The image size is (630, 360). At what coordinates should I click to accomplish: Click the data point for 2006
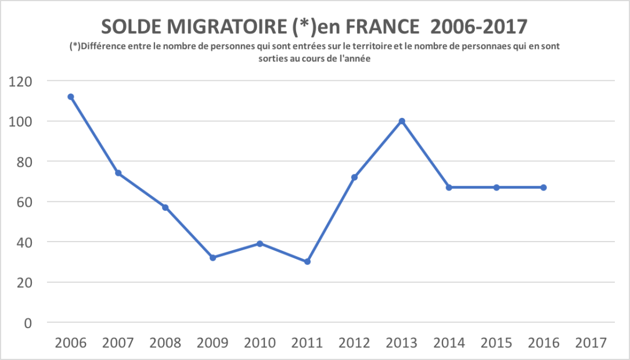coord(71,97)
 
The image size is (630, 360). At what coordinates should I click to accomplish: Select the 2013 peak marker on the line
coord(402,121)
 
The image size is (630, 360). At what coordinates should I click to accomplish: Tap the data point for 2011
coord(307,262)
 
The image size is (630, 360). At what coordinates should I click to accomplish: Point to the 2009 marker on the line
coord(213,258)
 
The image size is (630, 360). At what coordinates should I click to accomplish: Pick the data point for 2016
coord(543,188)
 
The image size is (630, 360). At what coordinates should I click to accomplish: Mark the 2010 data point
coord(260,244)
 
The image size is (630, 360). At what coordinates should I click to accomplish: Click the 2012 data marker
coord(354,177)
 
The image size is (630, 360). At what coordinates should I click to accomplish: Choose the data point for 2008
coord(165,207)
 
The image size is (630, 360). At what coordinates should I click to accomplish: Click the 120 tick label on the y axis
coord(21,81)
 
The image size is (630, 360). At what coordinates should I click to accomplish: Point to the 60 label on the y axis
coord(24,202)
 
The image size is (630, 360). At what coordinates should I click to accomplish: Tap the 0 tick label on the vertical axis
coord(28,323)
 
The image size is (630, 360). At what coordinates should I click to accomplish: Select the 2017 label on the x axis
coord(591,343)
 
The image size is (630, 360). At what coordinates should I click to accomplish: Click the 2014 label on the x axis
coord(449,343)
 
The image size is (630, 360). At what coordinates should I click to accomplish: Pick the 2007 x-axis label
coord(118,343)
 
